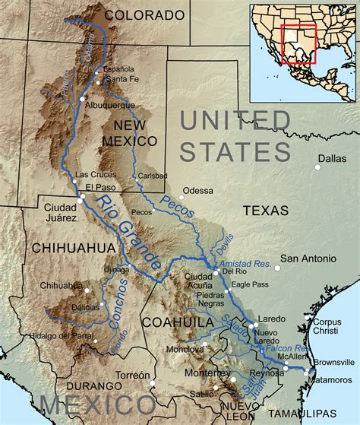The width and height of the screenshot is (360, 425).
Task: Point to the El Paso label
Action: coord(99,186)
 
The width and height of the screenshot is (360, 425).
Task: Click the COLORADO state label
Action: coord(144,14)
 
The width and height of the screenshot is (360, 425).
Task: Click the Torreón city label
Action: coord(133,376)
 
